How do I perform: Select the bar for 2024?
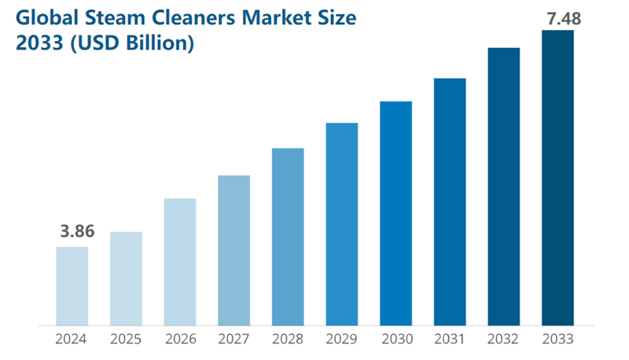click(72, 285)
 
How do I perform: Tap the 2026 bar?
click(180, 261)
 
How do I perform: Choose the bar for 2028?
click(288, 236)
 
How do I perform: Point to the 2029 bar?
click(342, 223)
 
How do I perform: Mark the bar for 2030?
click(395, 213)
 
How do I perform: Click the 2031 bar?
click(450, 201)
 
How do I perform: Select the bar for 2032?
click(504, 186)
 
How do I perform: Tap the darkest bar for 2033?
click(557, 178)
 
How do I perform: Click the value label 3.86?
click(77, 232)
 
